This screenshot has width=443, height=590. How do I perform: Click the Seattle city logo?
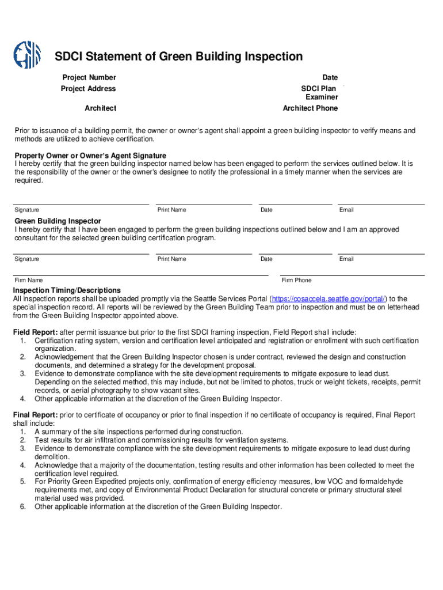(x=27, y=55)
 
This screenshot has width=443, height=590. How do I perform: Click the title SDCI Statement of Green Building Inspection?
(x=178, y=56)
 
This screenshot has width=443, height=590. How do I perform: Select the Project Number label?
(x=89, y=77)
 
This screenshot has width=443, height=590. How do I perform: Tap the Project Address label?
(x=88, y=89)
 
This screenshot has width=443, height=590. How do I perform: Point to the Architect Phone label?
(x=310, y=108)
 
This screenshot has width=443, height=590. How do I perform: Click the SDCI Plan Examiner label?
(x=319, y=93)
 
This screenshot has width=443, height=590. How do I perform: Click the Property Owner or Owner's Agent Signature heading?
(x=90, y=156)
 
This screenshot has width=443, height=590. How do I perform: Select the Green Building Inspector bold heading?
(x=58, y=221)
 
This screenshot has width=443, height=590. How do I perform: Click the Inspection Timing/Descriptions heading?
(x=67, y=290)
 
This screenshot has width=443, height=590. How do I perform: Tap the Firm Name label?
(x=29, y=280)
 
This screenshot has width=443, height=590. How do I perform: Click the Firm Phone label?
(x=296, y=280)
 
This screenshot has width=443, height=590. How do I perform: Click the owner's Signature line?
(x=81, y=203)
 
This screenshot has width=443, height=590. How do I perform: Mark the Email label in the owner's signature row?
(x=346, y=210)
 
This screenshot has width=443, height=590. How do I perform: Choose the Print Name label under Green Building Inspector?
(x=171, y=259)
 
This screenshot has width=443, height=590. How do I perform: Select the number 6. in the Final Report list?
(x=23, y=507)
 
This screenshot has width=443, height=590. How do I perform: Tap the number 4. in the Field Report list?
(x=23, y=399)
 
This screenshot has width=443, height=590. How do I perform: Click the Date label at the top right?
(x=330, y=77)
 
